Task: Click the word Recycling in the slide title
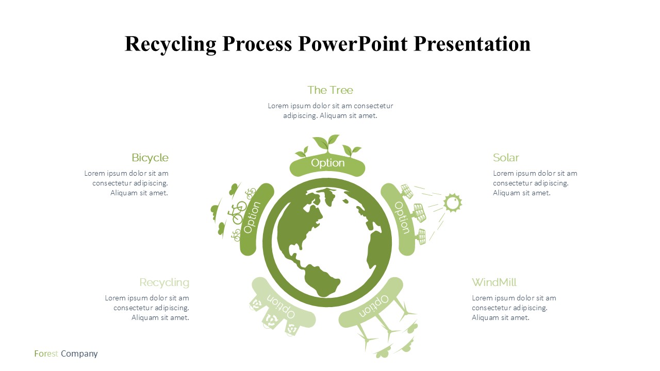coord(170,44)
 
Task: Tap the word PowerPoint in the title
coord(353,44)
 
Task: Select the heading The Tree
coord(330,90)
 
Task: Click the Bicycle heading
coord(150,158)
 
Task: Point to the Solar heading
coord(506,158)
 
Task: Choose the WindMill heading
coord(494,282)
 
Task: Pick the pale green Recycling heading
coord(164,283)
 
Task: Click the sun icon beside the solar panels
coord(453,203)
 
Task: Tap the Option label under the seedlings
coord(327,163)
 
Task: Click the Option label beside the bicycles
coord(252,217)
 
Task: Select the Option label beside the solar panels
coord(402,217)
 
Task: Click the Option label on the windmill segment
coord(374,306)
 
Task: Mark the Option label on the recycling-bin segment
coord(281,306)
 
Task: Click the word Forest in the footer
coord(46,353)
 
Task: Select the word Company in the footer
coord(79,354)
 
